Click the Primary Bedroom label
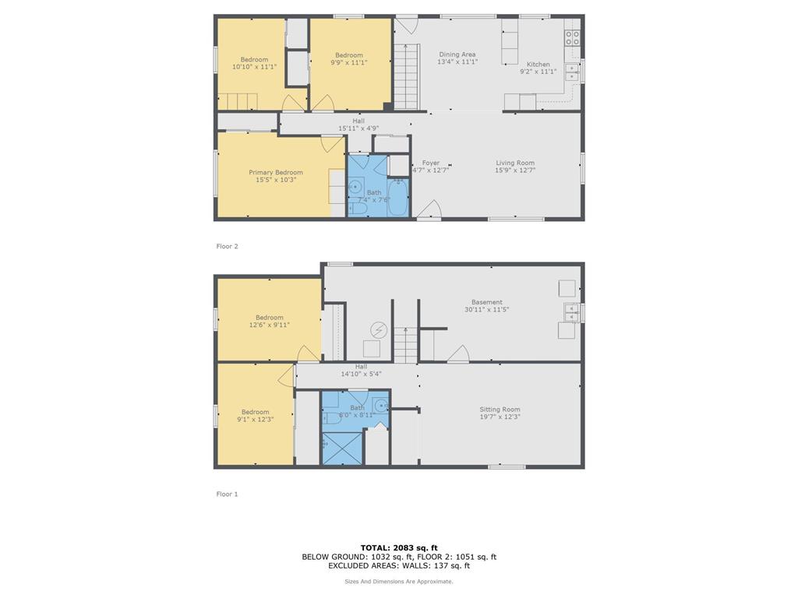(x=276, y=172)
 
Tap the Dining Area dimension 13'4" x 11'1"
(x=457, y=62)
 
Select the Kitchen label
(x=538, y=65)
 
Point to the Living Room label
(x=515, y=163)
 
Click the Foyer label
(x=431, y=163)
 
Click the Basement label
(x=487, y=302)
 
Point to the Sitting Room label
(x=500, y=410)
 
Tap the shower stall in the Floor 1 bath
(x=343, y=448)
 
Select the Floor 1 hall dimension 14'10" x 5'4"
(x=361, y=374)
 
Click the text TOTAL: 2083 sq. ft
(x=399, y=547)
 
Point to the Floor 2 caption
(x=227, y=246)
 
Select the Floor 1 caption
(x=227, y=494)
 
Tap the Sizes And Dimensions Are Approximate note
(x=399, y=581)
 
